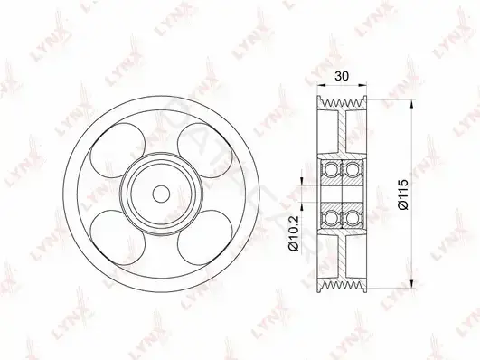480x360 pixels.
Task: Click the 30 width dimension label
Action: [342, 76]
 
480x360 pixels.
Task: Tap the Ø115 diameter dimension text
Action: [403, 194]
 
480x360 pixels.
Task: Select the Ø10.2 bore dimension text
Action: [294, 233]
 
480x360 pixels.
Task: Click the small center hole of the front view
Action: [161, 194]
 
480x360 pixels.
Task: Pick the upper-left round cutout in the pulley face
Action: [118, 150]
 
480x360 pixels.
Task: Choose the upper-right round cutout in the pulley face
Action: [204, 150]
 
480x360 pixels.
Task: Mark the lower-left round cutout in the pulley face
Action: [118, 237]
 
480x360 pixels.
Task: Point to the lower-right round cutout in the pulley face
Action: [204, 237]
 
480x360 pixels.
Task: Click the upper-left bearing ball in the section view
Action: [331, 169]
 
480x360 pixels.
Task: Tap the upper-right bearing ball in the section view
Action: [352, 169]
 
